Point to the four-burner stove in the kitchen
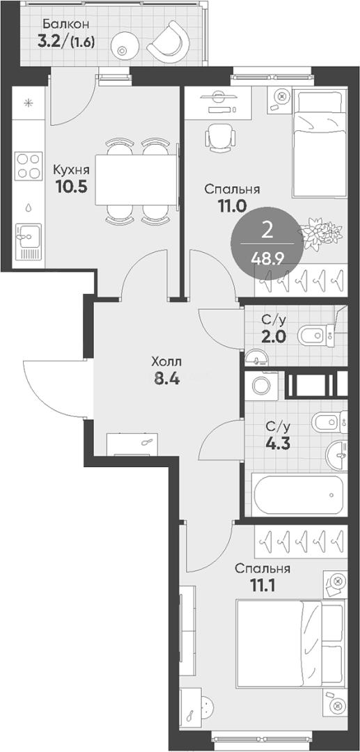[28, 166]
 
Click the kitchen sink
[28, 239]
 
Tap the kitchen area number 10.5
[70, 186]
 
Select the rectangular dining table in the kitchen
[136, 180]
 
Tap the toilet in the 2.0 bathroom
[318, 335]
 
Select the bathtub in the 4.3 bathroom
[299, 494]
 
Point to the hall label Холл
[166, 361]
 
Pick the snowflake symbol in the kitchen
[29, 102]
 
